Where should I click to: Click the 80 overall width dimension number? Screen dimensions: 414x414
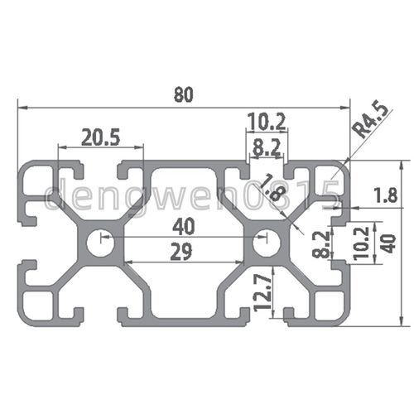[x=184, y=94]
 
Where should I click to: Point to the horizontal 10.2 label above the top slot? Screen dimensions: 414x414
[x=267, y=123]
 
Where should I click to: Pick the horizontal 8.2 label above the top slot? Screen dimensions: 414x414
[x=267, y=149]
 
